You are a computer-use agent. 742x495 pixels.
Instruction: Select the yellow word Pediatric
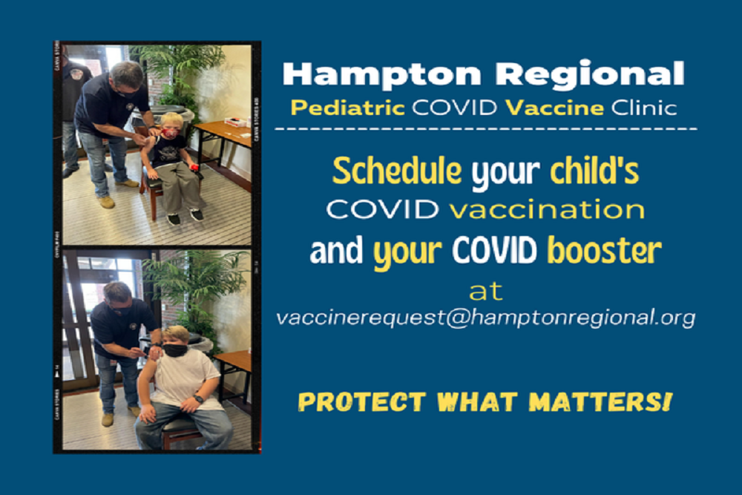[x=347, y=108]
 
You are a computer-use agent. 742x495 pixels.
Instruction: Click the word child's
[x=594, y=172]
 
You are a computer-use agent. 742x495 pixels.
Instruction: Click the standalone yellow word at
[x=485, y=290]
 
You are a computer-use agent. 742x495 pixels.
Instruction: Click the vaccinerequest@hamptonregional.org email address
[x=485, y=318]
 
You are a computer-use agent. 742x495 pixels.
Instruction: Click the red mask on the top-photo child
[x=170, y=133]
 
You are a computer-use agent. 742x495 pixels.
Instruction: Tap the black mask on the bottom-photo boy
[x=174, y=350]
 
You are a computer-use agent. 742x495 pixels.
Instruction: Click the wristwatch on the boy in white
[x=197, y=399]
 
